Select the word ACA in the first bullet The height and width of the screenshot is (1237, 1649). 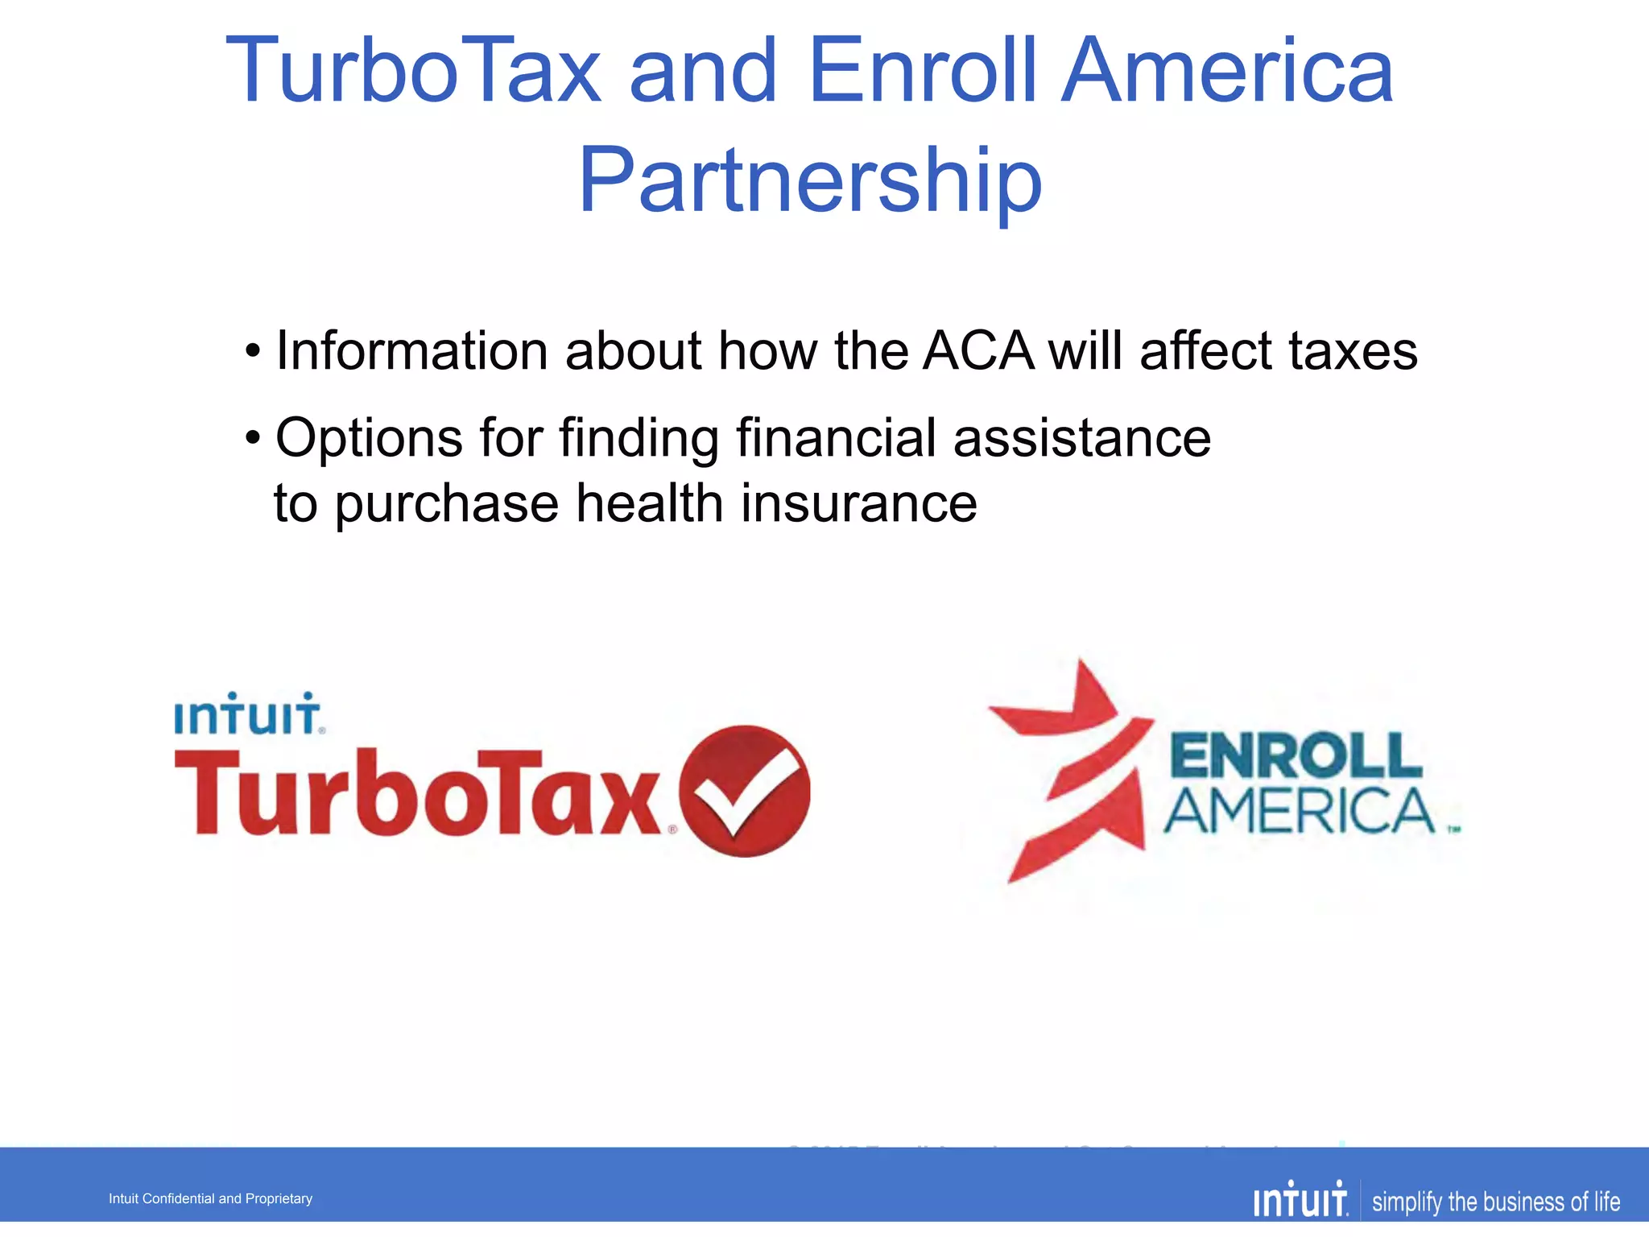coord(978,351)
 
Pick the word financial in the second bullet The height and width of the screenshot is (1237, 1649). coord(836,438)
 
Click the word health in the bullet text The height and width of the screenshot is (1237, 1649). coord(649,503)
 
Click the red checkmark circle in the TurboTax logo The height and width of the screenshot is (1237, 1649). coord(744,792)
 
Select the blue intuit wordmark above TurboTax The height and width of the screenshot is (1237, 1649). coord(249,714)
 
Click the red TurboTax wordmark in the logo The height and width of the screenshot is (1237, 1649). coord(419,793)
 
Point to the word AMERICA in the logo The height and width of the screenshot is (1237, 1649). coord(1299,812)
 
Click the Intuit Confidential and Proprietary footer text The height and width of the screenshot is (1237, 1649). coord(210,1198)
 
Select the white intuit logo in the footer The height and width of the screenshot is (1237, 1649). coord(1300,1200)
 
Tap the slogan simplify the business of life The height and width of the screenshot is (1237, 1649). coord(1495,1202)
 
